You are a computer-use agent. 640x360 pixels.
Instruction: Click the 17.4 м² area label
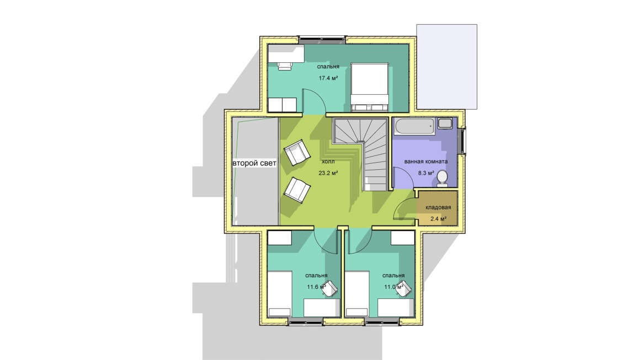click(328, 78)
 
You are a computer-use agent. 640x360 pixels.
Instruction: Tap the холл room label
click(328, 162)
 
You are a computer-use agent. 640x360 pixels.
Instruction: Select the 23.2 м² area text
click(328, 173)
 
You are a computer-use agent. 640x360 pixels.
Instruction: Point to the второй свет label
click(254, 163)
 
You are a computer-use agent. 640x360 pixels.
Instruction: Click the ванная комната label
click(426, 162)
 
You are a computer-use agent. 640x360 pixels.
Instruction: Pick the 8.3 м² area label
click(426, 173)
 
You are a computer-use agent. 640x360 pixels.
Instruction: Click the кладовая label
click(439, 207)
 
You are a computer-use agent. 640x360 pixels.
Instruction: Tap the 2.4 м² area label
click(439, 218)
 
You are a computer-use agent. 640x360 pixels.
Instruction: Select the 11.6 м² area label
click(316, 287)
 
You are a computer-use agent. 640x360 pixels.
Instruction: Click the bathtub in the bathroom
click(415, 126)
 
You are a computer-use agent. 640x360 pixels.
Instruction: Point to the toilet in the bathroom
click(442, 179)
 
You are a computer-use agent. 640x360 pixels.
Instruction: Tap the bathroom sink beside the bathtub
click(445, 123)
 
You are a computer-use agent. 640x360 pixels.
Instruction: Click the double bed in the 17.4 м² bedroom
click(370, 87)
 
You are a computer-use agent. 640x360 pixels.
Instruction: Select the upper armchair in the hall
click(297, 153)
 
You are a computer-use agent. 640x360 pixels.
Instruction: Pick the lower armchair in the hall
click(297, 190)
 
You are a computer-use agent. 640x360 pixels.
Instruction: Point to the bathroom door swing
click(402, 178)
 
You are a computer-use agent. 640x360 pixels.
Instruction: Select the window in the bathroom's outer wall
click(462, 141)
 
